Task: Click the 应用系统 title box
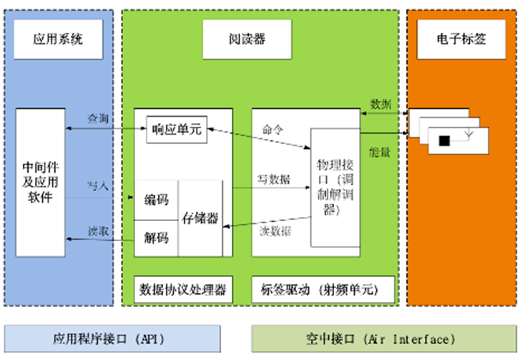pyautogui.click(x=58, y=38)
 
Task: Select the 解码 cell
pyautogui.click(x=156, y=235)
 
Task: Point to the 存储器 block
pyautogui.click(x=200, y=218)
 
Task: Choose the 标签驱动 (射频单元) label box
pyautogui.click(x=323, y=290)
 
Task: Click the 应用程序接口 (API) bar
pyautogui.click(x=114, y=338)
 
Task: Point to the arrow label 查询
pyautogui.click(x=98, y=117)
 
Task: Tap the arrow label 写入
pyautogui.click(x=98, y=185)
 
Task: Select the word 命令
pyautogui.click(x=273, y=130)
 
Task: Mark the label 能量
pyautogui.click(x=380, y=152)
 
